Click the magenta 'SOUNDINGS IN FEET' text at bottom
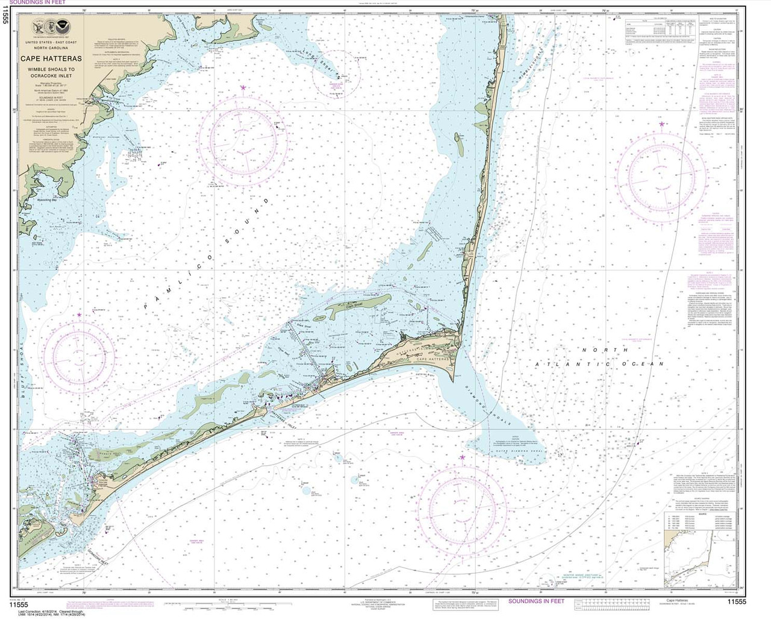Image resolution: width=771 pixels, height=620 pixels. point(537,601)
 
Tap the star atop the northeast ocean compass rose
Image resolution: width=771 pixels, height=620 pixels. point(661,124)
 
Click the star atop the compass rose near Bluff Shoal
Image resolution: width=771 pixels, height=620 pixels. point(78,315)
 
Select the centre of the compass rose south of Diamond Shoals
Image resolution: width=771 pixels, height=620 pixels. point(461,505)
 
